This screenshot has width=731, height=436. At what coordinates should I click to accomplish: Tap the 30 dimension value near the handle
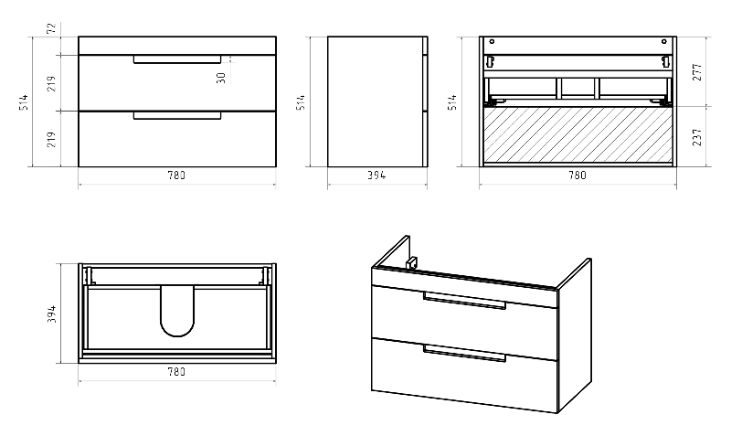221,77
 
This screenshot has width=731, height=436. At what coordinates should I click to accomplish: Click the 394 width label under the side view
376,175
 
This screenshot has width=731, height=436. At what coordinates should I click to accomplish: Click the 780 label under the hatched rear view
577,175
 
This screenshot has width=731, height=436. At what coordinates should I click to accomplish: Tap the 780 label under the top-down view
177,372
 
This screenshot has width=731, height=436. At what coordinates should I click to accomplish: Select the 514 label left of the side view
301,102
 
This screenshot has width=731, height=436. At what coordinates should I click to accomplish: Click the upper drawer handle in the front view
177,60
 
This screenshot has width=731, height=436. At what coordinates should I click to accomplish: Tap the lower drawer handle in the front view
177,116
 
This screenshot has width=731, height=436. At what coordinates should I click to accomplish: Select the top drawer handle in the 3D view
464,301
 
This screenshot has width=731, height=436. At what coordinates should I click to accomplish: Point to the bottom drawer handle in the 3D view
464,353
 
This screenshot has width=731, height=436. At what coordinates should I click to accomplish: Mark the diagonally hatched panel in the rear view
577,134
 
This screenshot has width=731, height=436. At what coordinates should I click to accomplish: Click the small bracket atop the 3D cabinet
410,263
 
